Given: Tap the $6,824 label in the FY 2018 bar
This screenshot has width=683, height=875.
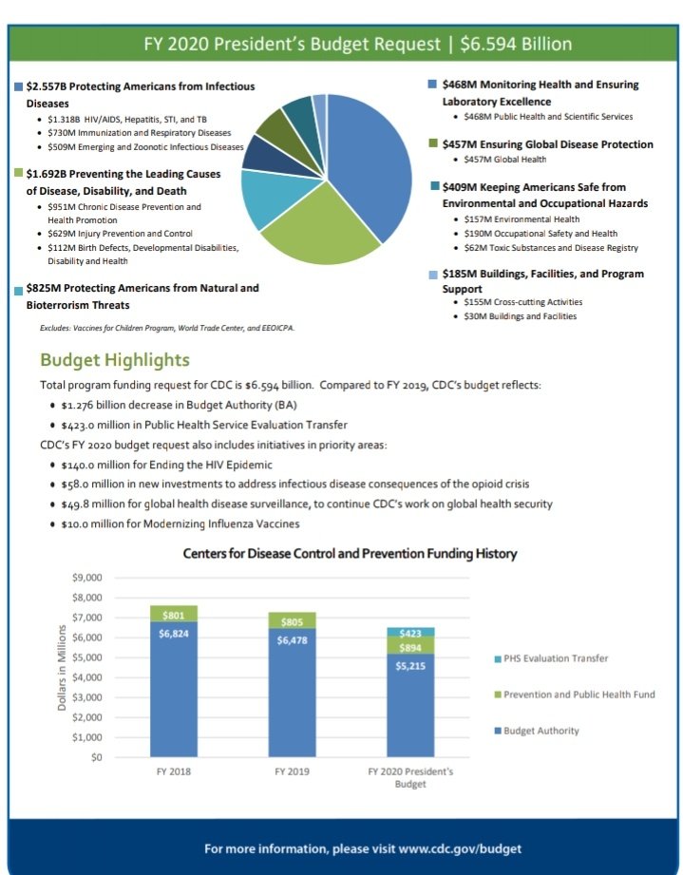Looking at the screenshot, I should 180,633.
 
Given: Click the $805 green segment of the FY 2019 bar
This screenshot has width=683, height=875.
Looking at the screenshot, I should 292,620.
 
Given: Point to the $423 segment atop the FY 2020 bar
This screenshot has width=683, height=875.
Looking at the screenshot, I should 410,632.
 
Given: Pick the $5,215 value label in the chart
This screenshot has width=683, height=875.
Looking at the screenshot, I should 410,666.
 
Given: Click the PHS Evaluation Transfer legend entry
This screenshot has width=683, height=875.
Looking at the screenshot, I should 555,658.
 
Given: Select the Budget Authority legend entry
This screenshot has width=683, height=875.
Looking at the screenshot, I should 541,731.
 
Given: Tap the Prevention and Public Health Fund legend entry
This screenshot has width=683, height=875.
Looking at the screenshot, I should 579,694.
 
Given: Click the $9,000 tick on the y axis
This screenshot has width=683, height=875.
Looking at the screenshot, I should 86,578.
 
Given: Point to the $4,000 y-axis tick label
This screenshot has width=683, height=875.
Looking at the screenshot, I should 86,677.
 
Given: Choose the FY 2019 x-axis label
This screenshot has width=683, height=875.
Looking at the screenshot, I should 292,772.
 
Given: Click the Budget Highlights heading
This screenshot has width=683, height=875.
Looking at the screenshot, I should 115,360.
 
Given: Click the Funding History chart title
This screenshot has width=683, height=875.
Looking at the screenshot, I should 350,553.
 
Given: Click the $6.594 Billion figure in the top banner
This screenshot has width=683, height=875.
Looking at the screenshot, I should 516,44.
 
